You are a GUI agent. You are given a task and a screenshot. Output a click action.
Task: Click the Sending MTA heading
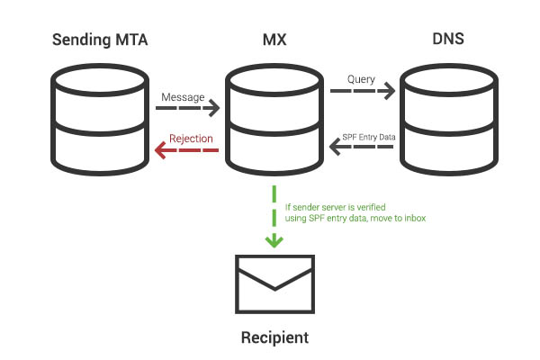click(x=99, y=40)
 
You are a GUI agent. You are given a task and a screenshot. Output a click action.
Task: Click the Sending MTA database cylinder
click(x=99, y=118)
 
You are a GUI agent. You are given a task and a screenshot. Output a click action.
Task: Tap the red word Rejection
click(x=191, y=139)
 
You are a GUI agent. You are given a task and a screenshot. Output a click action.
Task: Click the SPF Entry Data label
click(x=367, y=137)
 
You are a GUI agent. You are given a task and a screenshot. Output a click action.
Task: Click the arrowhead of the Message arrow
click(x=214, y=109)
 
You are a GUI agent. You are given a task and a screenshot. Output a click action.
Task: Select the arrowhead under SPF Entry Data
click(x=333, y=149)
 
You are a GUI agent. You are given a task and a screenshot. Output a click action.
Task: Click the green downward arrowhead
click(x=273, y=241)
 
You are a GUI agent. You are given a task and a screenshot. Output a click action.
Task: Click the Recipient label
click(x=274, y=338)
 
